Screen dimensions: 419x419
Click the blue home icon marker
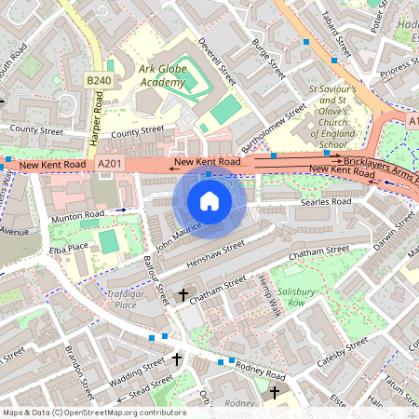(209, 201)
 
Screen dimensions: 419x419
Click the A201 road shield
(109, 164)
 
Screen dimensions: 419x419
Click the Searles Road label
(325, 202)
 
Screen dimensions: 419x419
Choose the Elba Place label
(70, 248)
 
